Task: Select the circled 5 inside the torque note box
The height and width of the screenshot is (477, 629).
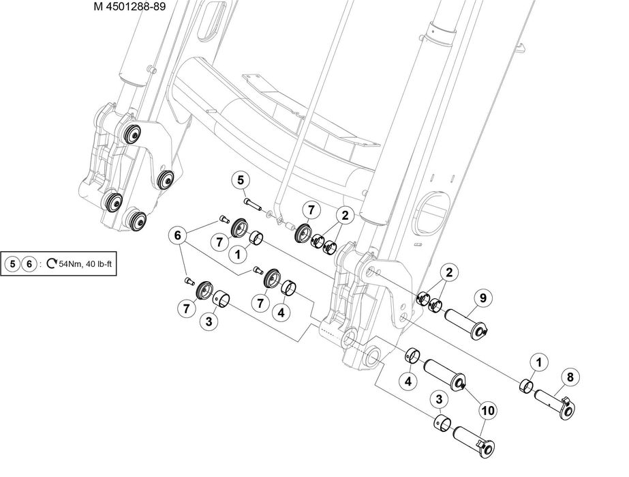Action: tap(12, 264)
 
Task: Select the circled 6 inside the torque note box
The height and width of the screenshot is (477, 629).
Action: tap(29, 264)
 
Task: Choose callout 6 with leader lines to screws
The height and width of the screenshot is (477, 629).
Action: tap(178, 235)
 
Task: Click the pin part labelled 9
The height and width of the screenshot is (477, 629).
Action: tap(467, 323)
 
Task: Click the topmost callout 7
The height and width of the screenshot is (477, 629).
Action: tap(310, 209)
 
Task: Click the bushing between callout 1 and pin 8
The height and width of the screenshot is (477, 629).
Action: tap(526, 387)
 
